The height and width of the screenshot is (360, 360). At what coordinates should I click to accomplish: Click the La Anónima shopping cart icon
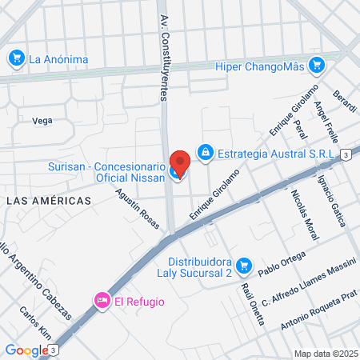tap(16, 58)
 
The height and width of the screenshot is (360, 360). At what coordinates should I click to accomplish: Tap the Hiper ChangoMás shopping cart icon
tap(318, 65)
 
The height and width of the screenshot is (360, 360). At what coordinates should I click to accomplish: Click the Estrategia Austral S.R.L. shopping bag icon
tap(206, 150)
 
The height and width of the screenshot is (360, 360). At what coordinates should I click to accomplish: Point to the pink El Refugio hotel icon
tap(102, 301)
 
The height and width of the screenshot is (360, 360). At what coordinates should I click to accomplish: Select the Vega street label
tap(42, 121)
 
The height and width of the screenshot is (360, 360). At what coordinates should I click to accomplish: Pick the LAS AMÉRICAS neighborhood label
tap(48, 201)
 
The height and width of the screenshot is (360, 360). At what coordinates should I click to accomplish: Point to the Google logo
tap(26, 350)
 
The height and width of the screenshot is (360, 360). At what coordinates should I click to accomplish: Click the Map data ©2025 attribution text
tap(324, 354)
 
